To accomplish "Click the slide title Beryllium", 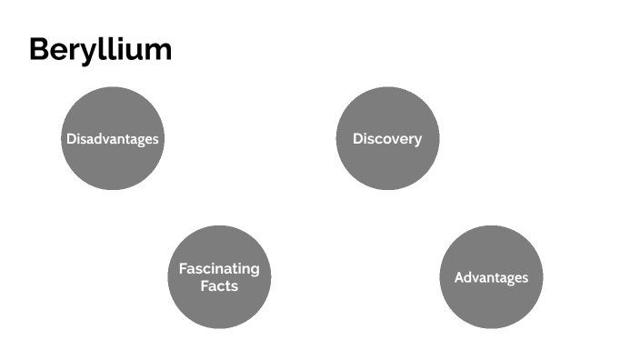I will pyautogui.click(x=100, y=49).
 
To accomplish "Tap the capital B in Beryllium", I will pyautogui.click(x=39, y=49).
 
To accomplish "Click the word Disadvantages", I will pyautogui.click(x=113, y=139).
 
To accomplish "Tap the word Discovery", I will pyautogui.click(x=387, y=139).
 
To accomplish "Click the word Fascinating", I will pyautogui.click(x=219, y=269).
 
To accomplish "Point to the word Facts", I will pyautogui.click(x=219, y=285).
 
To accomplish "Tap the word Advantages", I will pyautogui.click(x=491, y=277).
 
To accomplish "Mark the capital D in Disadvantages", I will pyautogui.click(x=71, y=139).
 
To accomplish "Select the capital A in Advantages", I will pyautogui.click(x=459, y=277).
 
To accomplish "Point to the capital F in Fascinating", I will pyautogui.click(x=183, y=269).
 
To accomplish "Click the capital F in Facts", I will pyautogui.click(x=205, y=285).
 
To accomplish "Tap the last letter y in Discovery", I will pyautogui.click(x=417, y=141).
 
